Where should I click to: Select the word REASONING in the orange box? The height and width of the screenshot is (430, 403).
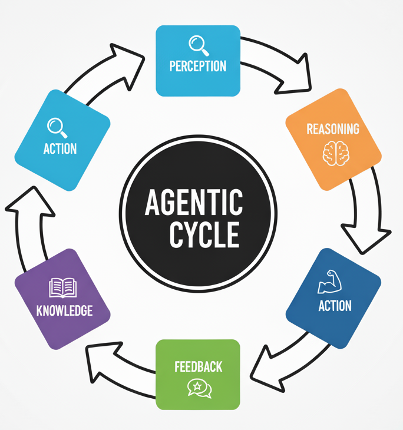pyautogui.click(x=333, y=129)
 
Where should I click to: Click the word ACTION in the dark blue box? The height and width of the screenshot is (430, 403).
pyautogui.click(x=335, y=306)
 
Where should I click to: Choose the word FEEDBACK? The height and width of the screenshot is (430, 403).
pyautogui.click(x=198, y=367)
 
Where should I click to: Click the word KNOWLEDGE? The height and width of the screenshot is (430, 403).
pyautogui.click(x=64, y=310)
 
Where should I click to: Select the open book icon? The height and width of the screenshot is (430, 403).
pyautogui.click(x=62, y=288)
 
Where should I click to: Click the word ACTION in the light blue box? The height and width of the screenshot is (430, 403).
pyautogui.click(x=60, y=148)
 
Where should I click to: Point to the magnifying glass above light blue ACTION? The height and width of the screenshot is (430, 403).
pyautogui.click(x=57, y=126)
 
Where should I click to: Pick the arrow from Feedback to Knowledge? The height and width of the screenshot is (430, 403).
pyautogui.click(x=118, y=359)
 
